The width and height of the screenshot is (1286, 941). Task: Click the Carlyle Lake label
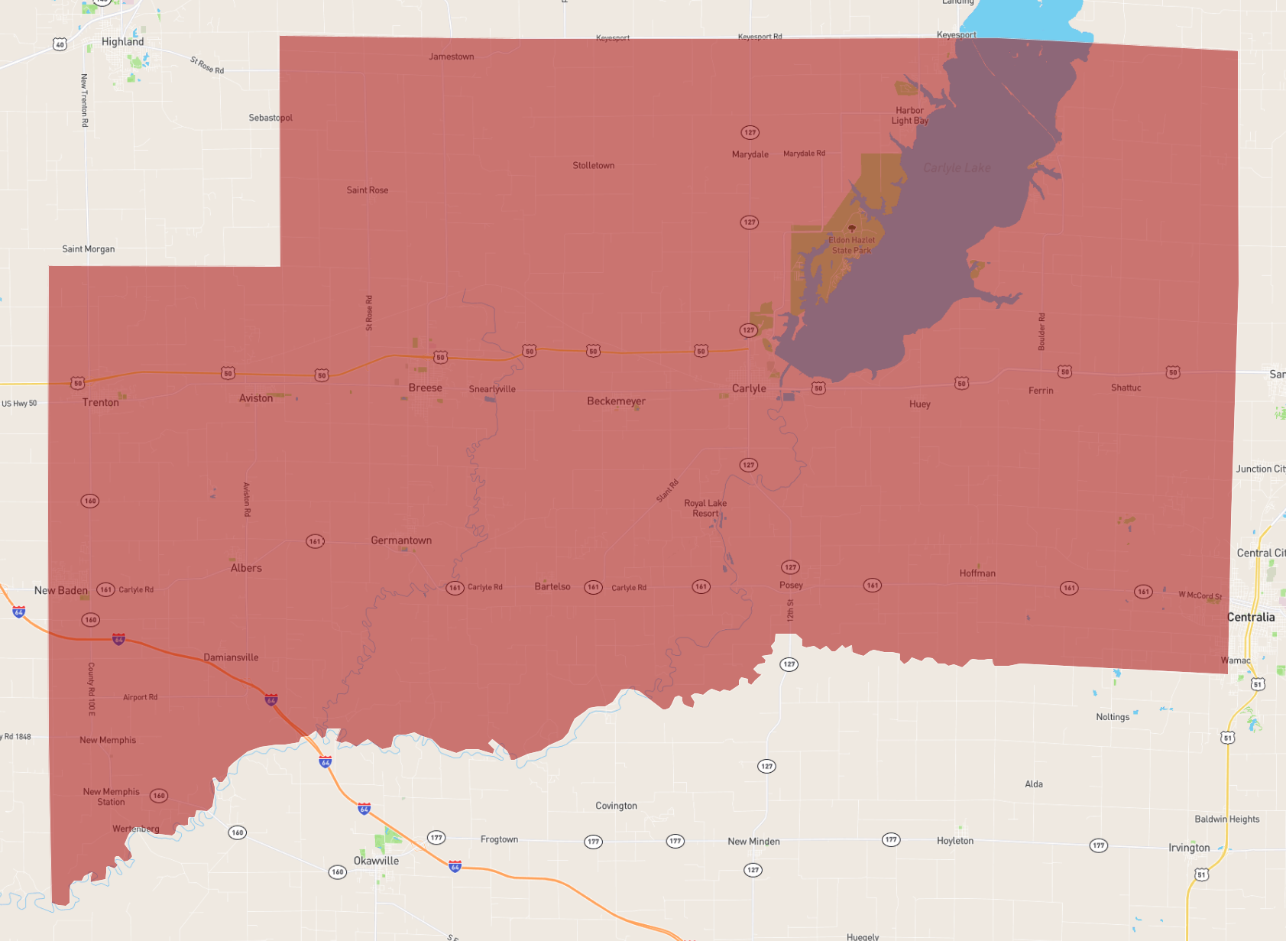[957, 168]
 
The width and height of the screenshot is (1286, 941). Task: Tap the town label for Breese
[425, 388]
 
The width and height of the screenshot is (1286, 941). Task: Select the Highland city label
[122, 42]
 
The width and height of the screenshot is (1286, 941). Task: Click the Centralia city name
[1250, 617]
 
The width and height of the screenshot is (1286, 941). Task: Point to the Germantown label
[401, 540]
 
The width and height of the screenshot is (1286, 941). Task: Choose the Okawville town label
[376, 861]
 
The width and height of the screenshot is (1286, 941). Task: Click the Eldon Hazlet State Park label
[852, 245]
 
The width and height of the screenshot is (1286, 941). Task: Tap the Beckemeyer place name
[616, 401]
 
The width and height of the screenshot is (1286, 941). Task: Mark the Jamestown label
[452, 57]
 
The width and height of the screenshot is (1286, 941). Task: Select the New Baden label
[61, 590]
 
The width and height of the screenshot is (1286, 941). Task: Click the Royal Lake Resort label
[705, 508]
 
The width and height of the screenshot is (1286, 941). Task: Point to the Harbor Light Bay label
[909, 115]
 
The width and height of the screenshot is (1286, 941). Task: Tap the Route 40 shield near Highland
[60, 44]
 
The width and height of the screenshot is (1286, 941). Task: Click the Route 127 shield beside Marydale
[750, 132]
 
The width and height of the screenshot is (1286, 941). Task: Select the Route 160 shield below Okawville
[337, 871]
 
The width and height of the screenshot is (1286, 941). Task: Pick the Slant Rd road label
[667, 491]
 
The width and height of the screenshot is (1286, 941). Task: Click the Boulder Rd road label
[1041, 332]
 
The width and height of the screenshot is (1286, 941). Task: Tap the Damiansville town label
[231, 657]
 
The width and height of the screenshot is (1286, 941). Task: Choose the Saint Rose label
[368, 190]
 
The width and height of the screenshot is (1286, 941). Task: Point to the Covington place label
[616, 806]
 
